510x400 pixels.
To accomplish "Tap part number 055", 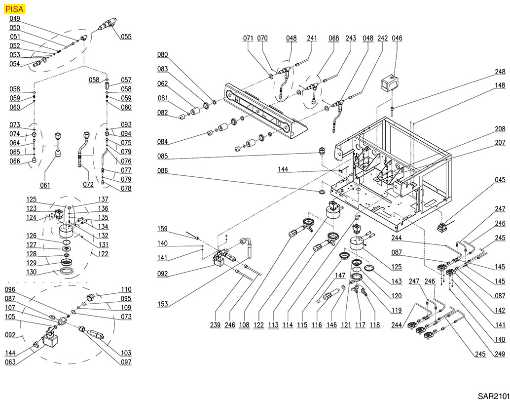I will [126, 37].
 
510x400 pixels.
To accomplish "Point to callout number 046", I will [397, 39].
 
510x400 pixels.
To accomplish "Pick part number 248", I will [500, 72].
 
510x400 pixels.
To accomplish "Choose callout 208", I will [500, 128].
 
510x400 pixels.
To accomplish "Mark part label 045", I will [500, 180].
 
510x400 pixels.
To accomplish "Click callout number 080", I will [163, 55].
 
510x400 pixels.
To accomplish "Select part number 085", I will [163, 157].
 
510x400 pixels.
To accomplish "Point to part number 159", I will [163, 229].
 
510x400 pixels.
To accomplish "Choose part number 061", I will [45, 186].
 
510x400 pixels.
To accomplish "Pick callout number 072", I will [89, 185].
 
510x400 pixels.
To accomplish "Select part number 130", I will [32, 272].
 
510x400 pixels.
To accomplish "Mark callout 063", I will [10, 362].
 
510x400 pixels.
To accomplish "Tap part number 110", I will [127, 290].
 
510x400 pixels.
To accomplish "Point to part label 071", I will [248, 39].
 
